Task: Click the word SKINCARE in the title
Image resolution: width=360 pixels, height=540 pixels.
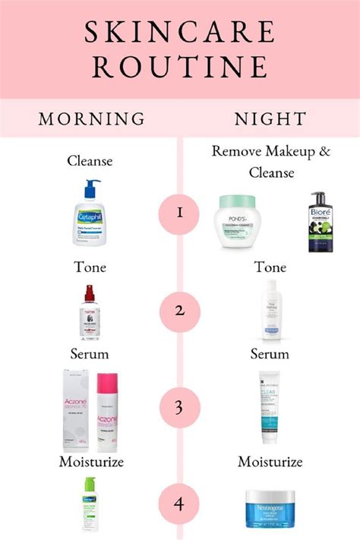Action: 179,33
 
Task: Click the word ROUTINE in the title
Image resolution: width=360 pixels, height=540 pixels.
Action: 179,67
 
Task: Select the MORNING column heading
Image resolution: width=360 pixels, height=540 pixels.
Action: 91,119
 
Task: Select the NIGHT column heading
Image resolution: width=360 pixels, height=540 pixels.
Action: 270,119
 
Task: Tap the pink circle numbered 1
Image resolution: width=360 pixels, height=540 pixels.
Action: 180,212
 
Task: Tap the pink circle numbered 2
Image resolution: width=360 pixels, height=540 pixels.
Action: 180,311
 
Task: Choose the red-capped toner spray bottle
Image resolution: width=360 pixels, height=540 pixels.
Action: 90,312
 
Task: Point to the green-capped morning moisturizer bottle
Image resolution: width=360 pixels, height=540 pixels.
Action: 90,505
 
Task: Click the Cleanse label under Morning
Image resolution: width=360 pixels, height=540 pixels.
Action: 90,160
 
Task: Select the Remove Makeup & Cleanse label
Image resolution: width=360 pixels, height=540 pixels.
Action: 271,161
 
